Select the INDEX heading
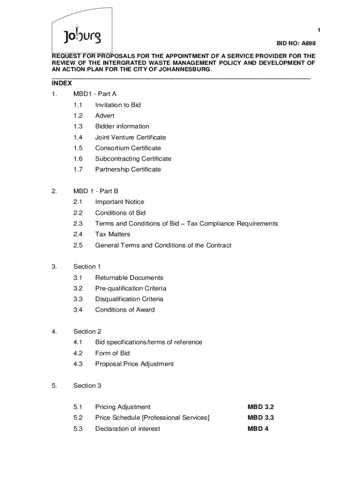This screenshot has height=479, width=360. click(62, 83)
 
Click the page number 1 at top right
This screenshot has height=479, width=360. click(318, 30)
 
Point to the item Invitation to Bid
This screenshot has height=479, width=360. click(118, 105)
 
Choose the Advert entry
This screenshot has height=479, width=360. click(105, 116)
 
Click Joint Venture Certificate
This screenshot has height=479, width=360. click(130, 137)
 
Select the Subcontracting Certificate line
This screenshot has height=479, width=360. click(133, 159)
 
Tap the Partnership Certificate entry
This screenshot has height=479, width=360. click(128, 169)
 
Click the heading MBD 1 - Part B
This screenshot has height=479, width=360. click(96, 191)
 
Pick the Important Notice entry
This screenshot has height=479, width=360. click(120, 202)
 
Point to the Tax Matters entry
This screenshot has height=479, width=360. click(113, 234)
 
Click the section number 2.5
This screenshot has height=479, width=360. click(78, 245)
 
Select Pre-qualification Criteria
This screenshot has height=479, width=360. click(131, 288)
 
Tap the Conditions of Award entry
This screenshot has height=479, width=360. click(125, 310)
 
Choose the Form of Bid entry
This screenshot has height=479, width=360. click(113, 353)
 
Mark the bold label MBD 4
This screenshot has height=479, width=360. click(258, 428)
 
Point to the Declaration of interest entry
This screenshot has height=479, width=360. click(128, 428)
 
